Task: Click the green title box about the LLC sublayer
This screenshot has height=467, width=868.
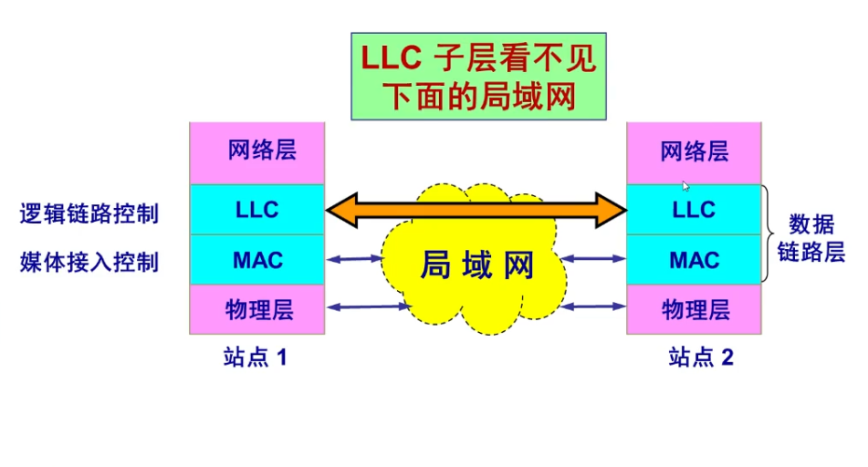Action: pos(479,77)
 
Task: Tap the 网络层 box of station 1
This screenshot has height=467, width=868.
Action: pos(256,152)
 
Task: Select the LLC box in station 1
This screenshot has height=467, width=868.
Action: pos(256,210)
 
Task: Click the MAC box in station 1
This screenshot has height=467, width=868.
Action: pos(256,260)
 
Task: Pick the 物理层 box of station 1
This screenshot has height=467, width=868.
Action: pos(256,309)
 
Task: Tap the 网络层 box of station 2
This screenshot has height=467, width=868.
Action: pos(694,152)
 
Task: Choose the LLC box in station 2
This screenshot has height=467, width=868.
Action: pos(694,210)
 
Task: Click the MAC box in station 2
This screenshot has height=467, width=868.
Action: pos(694,260)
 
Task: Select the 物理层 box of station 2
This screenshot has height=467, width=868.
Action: pos(694,309)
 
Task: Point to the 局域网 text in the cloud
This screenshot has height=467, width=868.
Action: pos(476,265)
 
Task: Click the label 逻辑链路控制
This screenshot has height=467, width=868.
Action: pos(89,214)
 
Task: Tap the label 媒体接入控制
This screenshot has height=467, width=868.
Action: pos(89,263)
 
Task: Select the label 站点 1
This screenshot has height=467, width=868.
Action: pos(256,358)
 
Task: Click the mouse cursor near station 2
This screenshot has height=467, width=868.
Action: pos(685,186)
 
